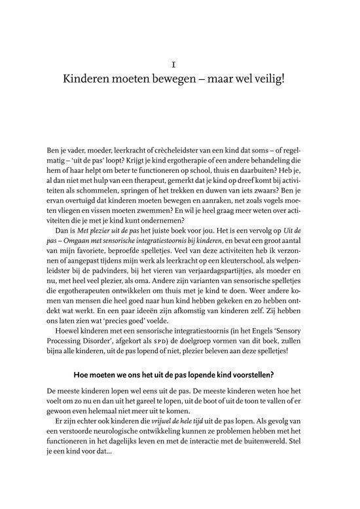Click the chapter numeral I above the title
click(179, 66)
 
